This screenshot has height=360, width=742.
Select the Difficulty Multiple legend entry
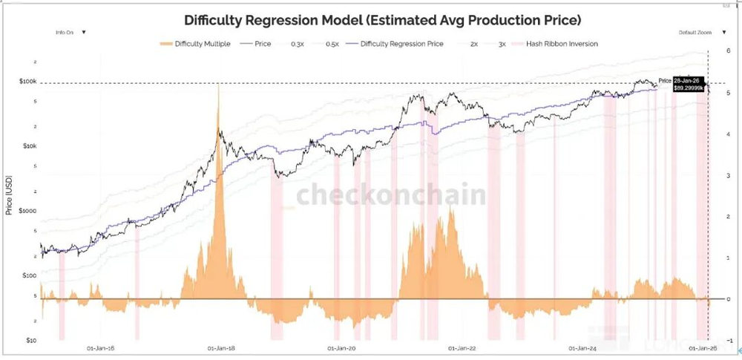click(195, 44)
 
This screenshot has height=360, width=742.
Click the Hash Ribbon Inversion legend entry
click(562, 44)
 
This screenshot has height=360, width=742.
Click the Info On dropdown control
click(70, 33)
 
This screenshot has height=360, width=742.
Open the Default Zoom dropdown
click(698, 33)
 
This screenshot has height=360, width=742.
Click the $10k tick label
click(29, 145)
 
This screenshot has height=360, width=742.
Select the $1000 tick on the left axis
click(28, 210)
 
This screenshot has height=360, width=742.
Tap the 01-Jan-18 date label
click(221, 347)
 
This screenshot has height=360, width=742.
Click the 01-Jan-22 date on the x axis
click(462, 347)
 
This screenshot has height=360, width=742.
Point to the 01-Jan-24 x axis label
click(582, 347)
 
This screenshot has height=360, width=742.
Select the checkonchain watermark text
click(391, 194)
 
